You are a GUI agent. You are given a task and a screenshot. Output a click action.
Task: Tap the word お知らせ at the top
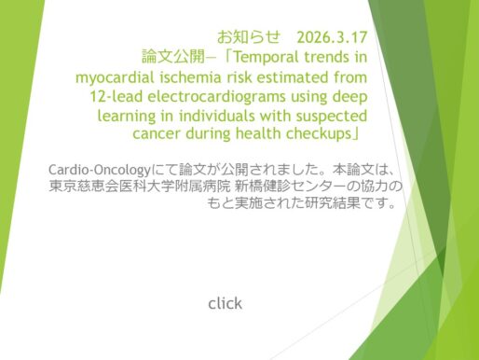click(245, 39)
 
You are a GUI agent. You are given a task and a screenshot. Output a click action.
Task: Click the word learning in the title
click(130, 117)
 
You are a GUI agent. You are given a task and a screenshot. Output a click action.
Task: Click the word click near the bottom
click(225, 303)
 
